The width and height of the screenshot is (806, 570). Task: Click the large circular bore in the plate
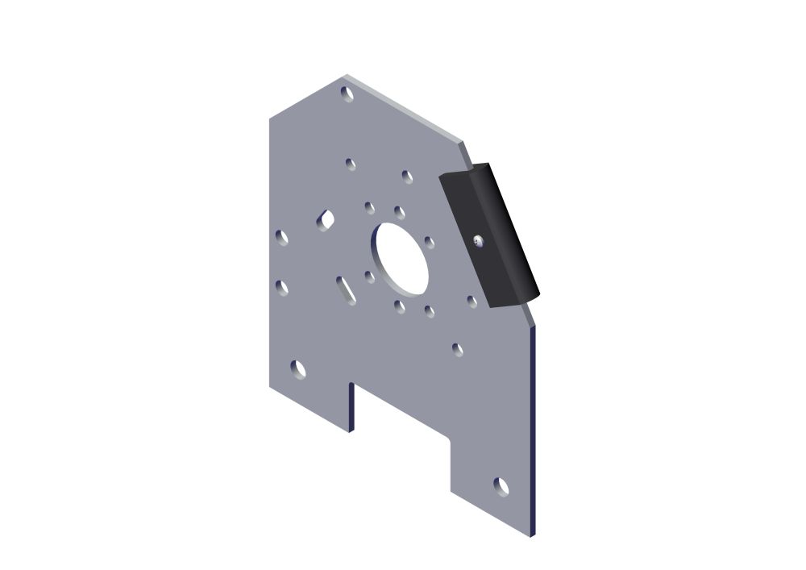[x=400, y=258]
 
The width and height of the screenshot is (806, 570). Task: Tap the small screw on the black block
[x=478, y=240]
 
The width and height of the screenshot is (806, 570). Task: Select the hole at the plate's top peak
[x=347, y=94]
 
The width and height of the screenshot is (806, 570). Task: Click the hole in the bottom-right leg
[x=501, y=487]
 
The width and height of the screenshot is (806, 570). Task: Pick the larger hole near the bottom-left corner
[x=298, y=369]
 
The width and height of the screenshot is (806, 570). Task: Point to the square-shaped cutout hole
[x=326, y=218]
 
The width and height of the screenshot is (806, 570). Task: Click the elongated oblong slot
[x=345, y=289]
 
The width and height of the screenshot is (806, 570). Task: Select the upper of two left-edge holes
[x=281, y=237]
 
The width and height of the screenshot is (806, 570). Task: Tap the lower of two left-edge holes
[x=281, y=287]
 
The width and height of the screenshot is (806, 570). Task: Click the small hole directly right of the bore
[x=429, y=242]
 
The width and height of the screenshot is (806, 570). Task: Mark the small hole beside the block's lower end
[x=472, y=302]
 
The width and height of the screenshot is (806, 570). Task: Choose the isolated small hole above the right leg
[x=457, y=349]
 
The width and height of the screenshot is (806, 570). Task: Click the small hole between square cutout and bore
[x=369, y=207]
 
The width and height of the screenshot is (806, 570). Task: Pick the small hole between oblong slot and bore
[x=369, y=277]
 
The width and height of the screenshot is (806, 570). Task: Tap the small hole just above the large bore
[x=399, y=212]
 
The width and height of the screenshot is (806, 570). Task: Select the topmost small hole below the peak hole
[x=351, y=164]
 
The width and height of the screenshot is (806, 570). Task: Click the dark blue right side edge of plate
[x=533, y=427]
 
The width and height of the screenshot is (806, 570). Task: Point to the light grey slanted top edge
[x=403, y=108]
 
